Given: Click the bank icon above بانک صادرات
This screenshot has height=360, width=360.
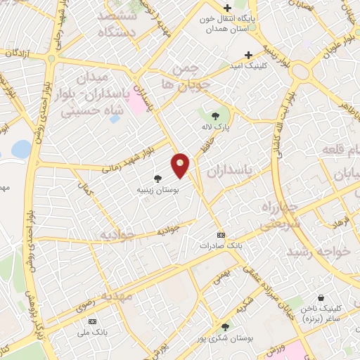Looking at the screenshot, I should [221, 235].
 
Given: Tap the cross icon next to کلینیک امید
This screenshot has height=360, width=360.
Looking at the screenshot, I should [248, 55].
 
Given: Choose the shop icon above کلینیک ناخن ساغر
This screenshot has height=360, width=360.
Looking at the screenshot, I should [321, 298].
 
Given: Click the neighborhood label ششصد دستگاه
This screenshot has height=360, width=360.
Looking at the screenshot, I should [120, 23].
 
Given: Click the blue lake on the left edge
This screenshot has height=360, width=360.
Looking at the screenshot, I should [21, 149].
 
